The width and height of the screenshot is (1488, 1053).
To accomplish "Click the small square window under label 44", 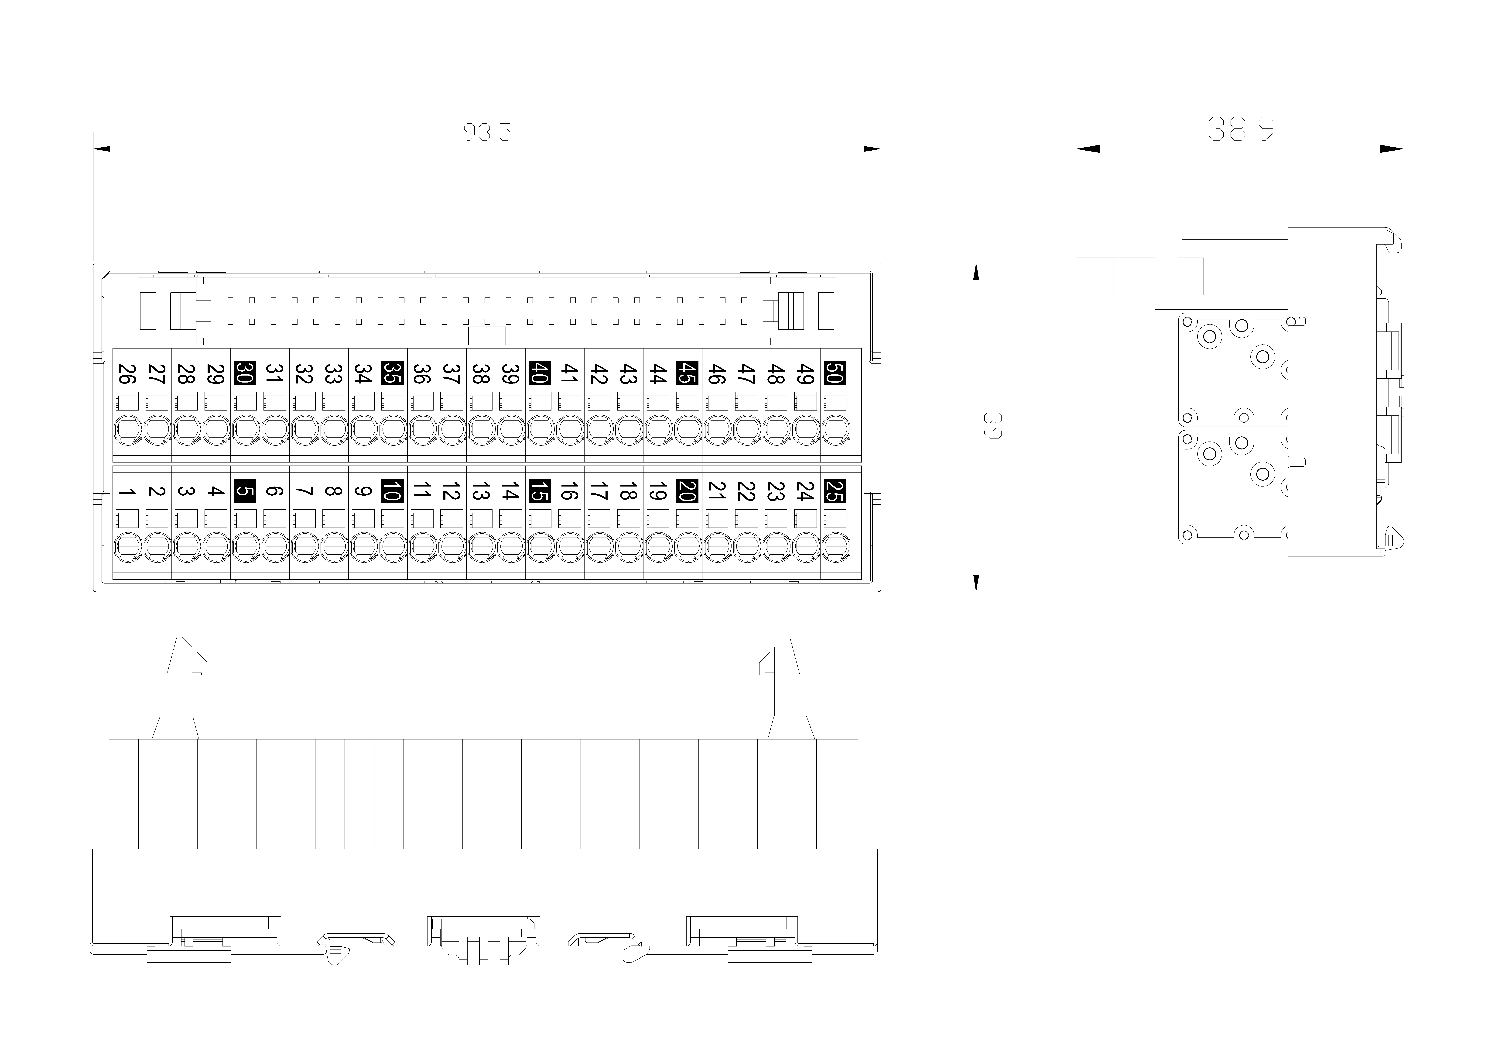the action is (658, 401).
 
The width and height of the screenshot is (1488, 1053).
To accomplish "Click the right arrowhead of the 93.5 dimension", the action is (872, 149).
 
